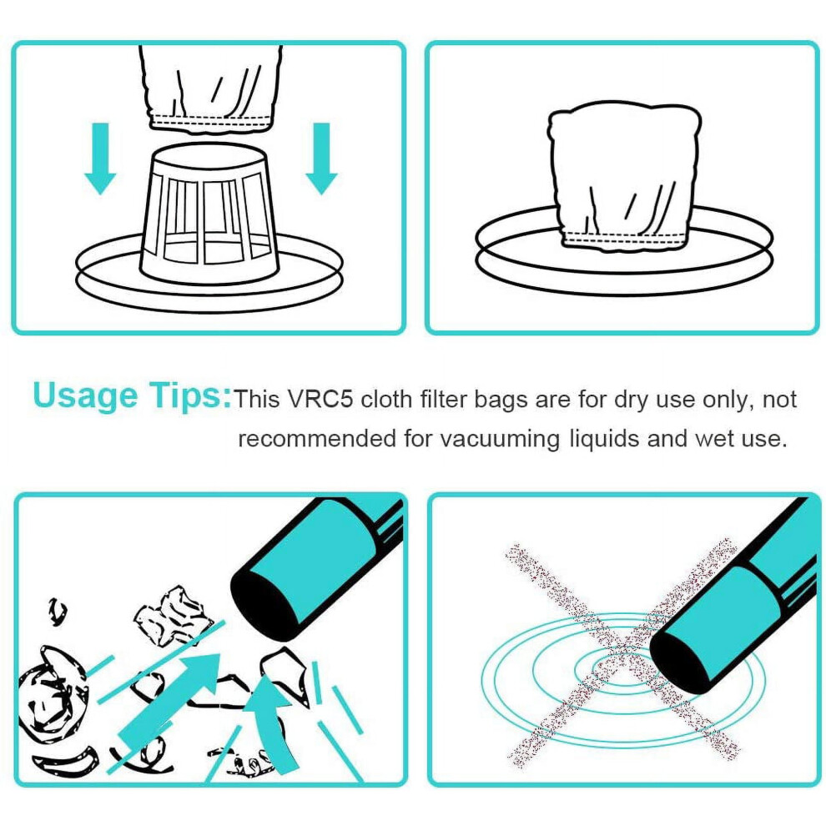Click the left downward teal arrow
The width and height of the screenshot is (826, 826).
[100, 158]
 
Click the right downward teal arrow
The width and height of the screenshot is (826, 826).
[321, 158]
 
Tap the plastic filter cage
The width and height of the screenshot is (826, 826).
[207, 214]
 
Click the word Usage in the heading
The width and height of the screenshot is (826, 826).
[85, 396]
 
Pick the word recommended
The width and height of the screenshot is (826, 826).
[317, 438]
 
